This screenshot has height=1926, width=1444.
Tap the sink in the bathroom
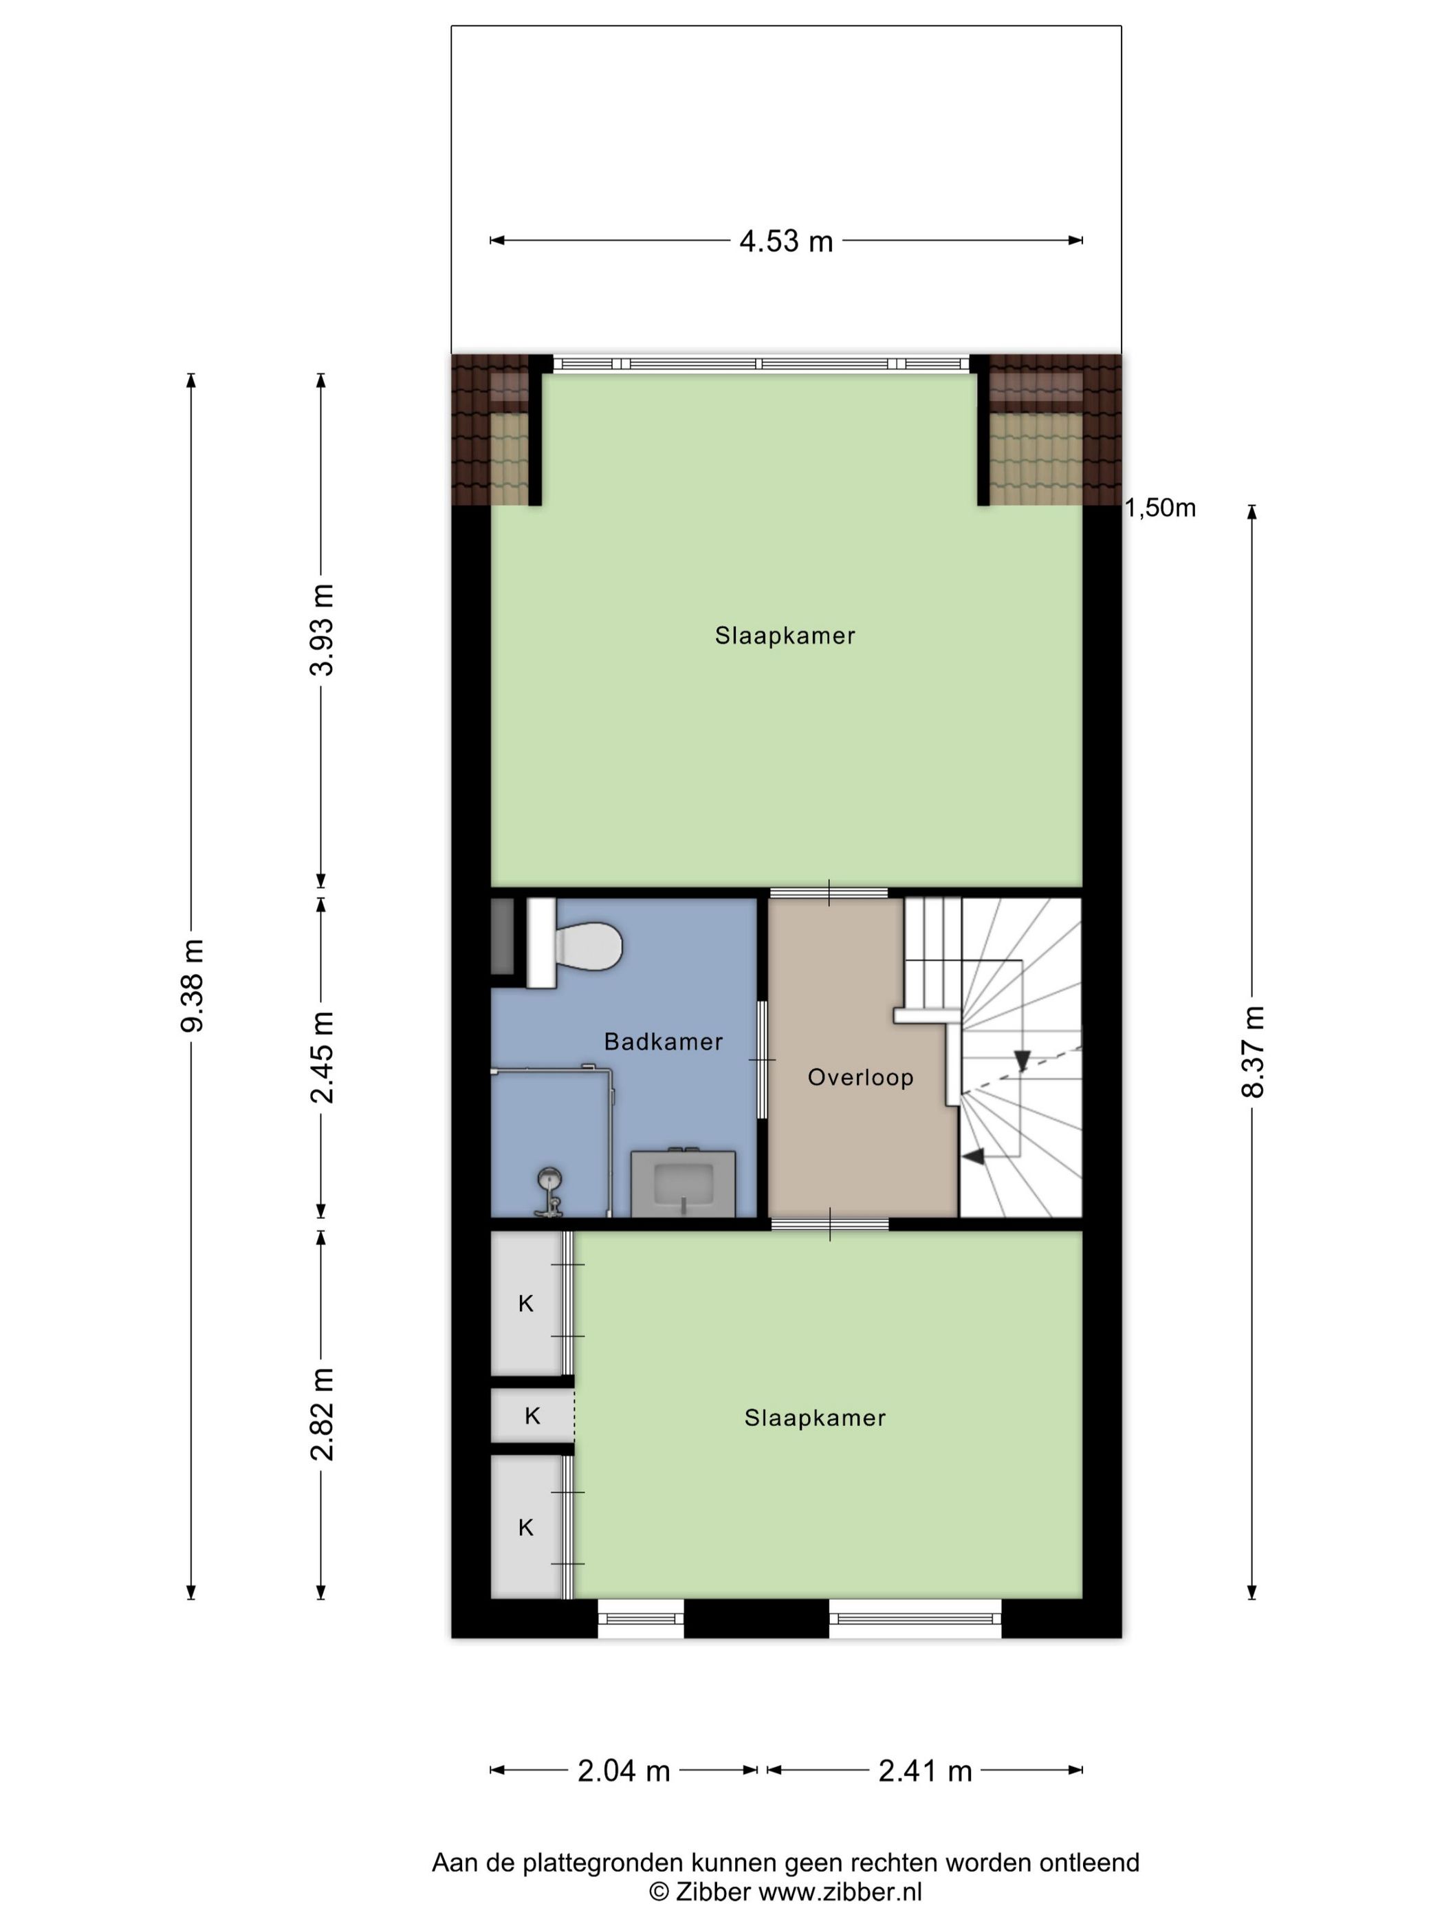[x=683, y=1182]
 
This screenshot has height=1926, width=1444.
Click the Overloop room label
[x=860, y=1077]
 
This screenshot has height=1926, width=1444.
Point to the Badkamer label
[x=664, y=1041]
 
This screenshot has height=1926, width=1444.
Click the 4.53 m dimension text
[x=786, y=241]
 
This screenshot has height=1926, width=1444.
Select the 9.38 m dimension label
[x=191, y=986]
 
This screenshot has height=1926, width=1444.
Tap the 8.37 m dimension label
[x=1253, y=1051]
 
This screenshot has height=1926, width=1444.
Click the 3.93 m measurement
[x=321, y=629]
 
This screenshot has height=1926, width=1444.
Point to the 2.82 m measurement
[x=321, y=1414]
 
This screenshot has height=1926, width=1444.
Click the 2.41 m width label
[x=924, y=1771]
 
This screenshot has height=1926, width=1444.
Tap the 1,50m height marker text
[x=1161, y=508]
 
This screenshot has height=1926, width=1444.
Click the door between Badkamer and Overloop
[x=763, y=1060]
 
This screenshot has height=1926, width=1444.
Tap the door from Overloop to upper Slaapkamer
[x=829, y=892]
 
